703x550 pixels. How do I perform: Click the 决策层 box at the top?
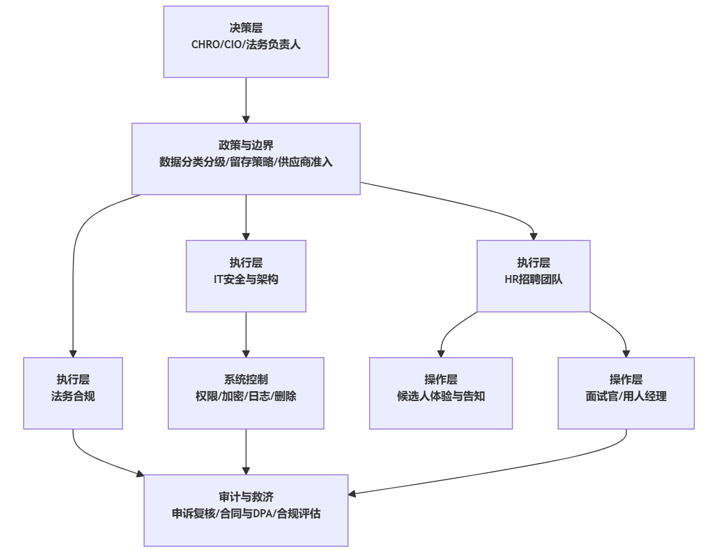246,41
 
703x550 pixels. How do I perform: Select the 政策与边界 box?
246,159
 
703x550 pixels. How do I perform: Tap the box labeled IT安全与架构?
246,276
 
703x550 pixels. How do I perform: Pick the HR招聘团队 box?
533,276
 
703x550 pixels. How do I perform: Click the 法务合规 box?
73,393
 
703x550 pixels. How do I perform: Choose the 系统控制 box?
246,393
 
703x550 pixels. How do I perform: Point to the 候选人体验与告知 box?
440,393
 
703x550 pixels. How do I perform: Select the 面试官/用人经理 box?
626,393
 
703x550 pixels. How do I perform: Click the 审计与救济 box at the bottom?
246,510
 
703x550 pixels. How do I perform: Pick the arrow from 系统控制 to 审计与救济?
246,452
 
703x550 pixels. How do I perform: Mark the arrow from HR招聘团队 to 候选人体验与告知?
450,331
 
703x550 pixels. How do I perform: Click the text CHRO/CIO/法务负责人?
246,45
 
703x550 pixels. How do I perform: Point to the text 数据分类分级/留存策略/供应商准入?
246,163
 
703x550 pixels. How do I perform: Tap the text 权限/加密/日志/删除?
246,397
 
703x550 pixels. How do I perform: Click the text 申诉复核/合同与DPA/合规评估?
246,514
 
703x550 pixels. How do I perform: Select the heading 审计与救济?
246,497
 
